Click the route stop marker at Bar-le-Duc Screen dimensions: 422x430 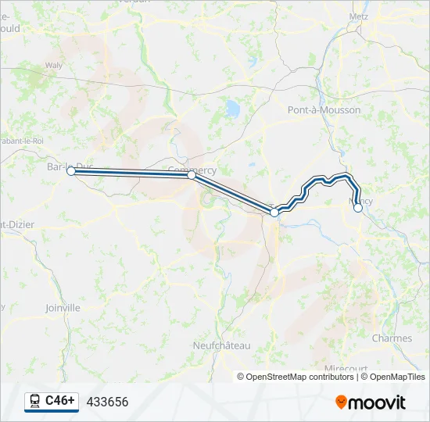70,170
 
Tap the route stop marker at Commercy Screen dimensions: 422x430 192,176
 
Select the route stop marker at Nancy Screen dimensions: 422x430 358,208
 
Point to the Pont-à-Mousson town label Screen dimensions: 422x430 324,110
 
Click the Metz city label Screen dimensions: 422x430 359,16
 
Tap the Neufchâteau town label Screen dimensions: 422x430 221,345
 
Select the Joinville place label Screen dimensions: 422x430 63,308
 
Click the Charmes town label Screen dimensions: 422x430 392,338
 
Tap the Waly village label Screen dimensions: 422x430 54,66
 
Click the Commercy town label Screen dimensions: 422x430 192,170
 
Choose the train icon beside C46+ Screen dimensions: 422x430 34,401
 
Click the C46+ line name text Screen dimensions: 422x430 60,401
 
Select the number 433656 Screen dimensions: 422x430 107,402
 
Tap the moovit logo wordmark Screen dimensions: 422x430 378,402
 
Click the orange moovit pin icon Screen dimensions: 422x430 341,402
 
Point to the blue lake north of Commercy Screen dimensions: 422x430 231,107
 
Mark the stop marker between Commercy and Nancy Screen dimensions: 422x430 274,212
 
